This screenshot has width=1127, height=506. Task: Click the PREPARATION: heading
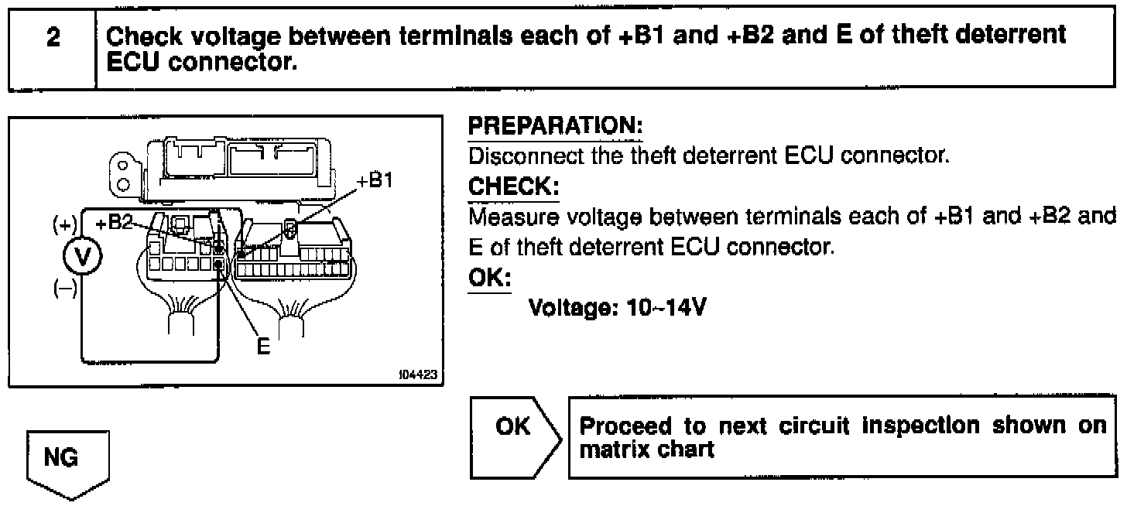pyautogui.click(x=556, y=125)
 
